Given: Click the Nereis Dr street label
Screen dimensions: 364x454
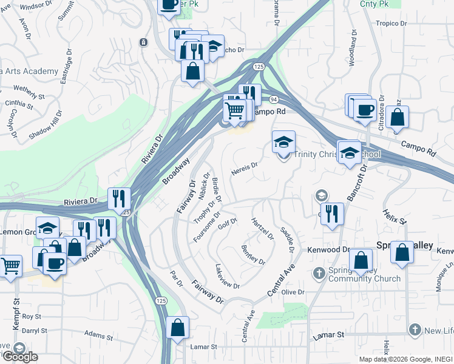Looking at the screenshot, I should pyautogui.click(x=245, y=168).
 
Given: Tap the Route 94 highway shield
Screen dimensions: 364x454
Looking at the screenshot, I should pyautogui.click(x=274, y=99).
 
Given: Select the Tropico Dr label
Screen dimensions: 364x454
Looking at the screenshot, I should pyautogui.click(x=391, y=24).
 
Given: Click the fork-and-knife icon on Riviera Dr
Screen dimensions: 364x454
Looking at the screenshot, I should pyautogui.click(x=119, y=199).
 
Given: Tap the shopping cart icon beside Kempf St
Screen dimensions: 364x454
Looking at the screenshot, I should pyautogui.click(x=10, y=266).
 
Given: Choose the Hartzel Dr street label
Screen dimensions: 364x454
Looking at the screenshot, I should pyautogui.click(x=263, y=228).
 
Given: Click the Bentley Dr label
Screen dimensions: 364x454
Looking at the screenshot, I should pyautogui.click(x=253, y=255).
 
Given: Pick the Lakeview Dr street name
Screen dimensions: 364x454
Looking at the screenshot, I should pyautogui.click(x=228, y=276).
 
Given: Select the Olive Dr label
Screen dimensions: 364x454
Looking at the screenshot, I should pyautogui.click(x=292, y=292).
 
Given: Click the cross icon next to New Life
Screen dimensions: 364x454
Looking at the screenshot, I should pyautogui.click(x=415, y=330).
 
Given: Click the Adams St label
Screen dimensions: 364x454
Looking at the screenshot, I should pyautogui.click(x=100, y=334).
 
